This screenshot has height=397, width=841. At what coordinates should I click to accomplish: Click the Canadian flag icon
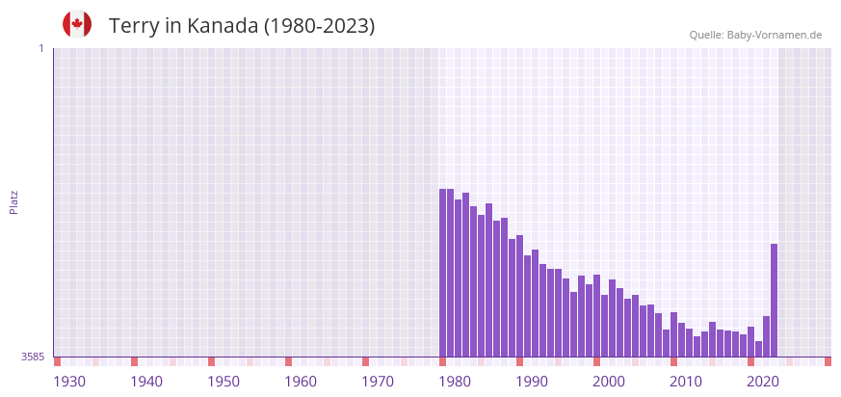tap(77, 24)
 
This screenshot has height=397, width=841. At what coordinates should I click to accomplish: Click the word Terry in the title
tap(134, 26)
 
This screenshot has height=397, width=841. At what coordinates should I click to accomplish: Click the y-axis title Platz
tap(13, 201)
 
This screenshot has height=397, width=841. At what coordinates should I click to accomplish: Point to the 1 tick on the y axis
tap(40, 48)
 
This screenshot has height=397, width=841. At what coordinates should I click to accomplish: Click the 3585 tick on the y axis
tap(33, 357)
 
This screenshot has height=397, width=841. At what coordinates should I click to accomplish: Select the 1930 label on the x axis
tap(69, 382)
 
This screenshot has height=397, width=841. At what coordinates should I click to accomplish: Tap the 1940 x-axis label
tap(146, 382)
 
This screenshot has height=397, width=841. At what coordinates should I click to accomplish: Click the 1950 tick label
tap(223, 382)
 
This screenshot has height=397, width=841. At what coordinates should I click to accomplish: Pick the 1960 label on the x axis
tap(301, 382)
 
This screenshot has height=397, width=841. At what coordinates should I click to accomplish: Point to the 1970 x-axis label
tap(378, 382)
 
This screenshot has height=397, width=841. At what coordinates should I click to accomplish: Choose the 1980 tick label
tap(455, 382)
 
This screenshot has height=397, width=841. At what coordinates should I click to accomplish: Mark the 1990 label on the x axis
tap(532, 382)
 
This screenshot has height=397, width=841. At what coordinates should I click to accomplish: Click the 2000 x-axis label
tap(609, 382)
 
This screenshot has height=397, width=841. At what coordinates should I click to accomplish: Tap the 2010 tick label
tap(686, 382)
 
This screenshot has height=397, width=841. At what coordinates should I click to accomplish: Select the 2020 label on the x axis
tap(763, 382)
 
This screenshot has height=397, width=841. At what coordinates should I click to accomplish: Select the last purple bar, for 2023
tap(774, 300)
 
